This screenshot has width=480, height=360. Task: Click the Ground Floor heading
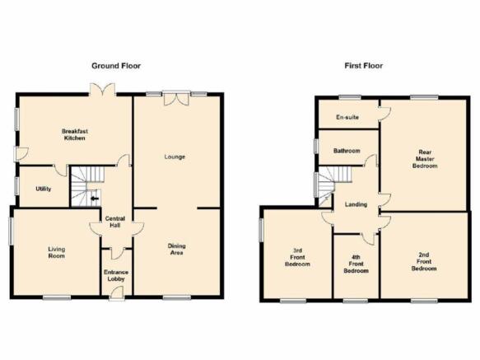116,66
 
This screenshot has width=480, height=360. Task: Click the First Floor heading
364,66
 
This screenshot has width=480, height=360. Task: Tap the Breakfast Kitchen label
75,134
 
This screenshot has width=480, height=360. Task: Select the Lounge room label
175,157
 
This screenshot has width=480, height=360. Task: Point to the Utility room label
44,189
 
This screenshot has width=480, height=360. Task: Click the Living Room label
57,252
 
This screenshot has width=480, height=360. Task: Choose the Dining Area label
177,249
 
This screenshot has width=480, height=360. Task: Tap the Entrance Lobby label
116,275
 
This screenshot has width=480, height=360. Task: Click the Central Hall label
115,222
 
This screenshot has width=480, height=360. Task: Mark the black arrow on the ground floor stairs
95,199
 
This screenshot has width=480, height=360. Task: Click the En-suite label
347,117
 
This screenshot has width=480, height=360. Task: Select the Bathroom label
347,151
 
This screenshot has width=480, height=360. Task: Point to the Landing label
356,204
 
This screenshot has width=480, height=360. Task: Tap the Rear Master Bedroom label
425,159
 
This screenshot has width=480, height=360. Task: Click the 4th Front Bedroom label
356,264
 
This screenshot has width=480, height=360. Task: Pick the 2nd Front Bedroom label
424,261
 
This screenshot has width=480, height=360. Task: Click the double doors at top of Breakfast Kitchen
103,89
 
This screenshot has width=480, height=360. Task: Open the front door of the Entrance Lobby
117,292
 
